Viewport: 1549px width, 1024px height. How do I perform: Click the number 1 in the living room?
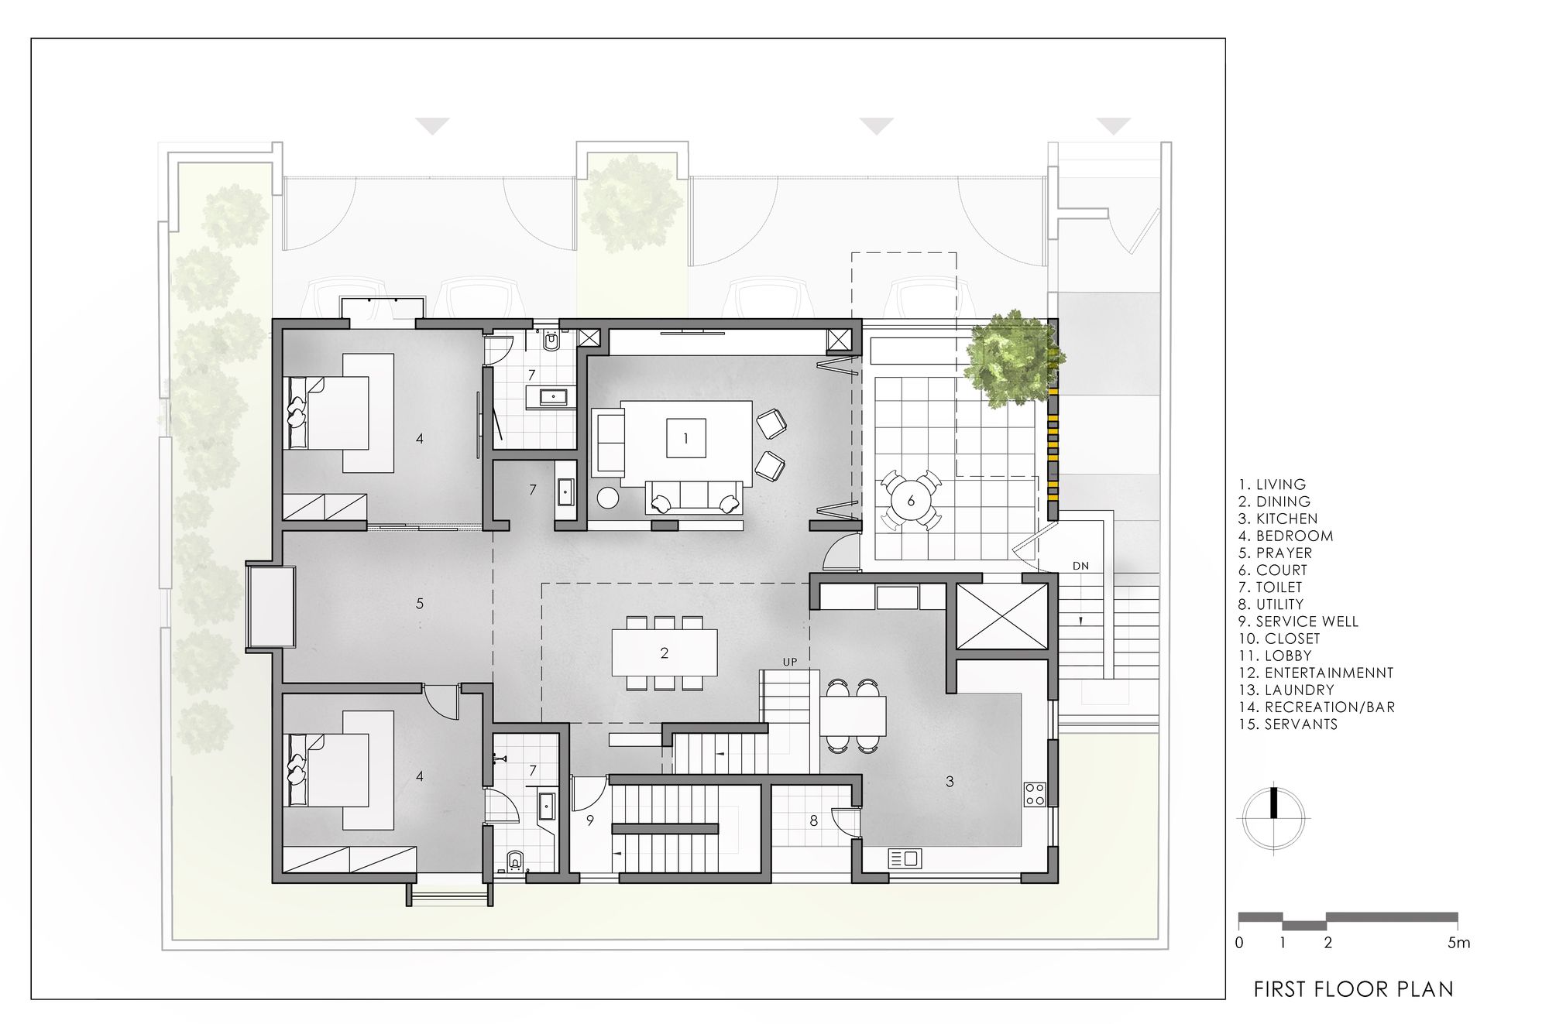(x=685, y=439)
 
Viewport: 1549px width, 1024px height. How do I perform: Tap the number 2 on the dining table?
(x=665, y=653)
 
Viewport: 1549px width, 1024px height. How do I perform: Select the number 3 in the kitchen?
(x=950, y=782)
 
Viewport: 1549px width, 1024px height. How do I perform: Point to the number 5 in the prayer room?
(x=420, y=604)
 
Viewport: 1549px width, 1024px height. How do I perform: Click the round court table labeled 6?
(x=911, y=500)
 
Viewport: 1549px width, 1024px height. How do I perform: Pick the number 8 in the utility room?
(x=813, y=821)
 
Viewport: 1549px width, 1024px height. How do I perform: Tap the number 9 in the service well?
(x=590, y=821)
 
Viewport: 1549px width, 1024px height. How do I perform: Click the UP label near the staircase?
(x=790, y=663)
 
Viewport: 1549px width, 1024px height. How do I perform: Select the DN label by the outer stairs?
(x=1081, y=566)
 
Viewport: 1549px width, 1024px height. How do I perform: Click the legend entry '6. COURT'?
(x=1273, y=570)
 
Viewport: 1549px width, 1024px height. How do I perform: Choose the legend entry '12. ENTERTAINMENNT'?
(x=1316, y=673)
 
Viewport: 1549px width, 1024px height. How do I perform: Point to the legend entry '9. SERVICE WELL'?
(x=1299, y=622)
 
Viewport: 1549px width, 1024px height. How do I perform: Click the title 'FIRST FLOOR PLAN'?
(x=1354, y=989)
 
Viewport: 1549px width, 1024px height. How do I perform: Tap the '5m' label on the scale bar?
(x=1458, y=943)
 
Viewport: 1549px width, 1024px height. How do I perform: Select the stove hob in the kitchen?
(x=1036, y=793)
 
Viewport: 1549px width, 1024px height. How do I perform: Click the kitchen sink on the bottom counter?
(x=904, y=858)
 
